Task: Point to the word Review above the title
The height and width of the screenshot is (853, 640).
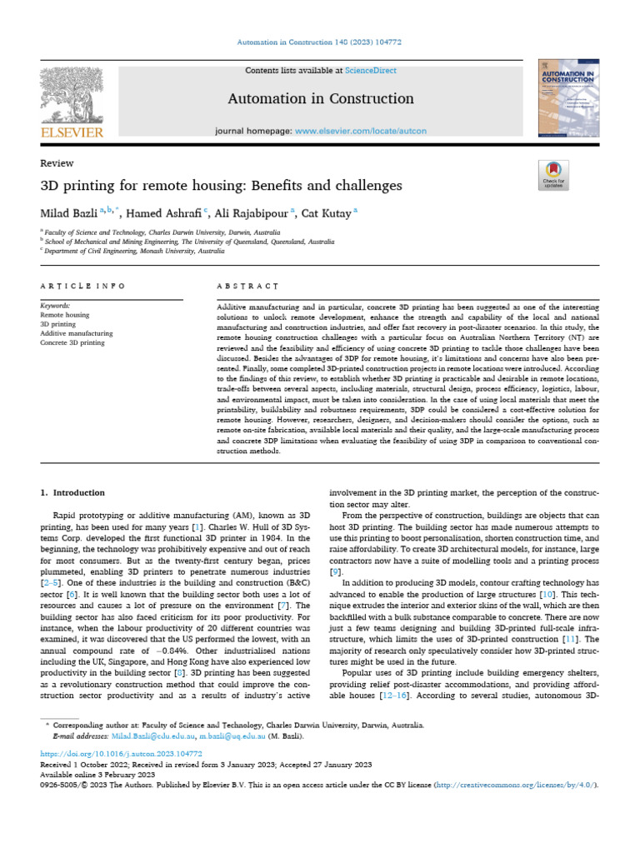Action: click(x=57, y=163)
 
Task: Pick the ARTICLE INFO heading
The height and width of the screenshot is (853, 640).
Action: click(x=82, y=286)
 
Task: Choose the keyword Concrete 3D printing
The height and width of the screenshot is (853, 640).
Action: click(x=72, y=342)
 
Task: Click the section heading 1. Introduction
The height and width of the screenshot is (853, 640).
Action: click(x=73, y=492)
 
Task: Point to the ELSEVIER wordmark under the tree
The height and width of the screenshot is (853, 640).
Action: click(x=71, y=132)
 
